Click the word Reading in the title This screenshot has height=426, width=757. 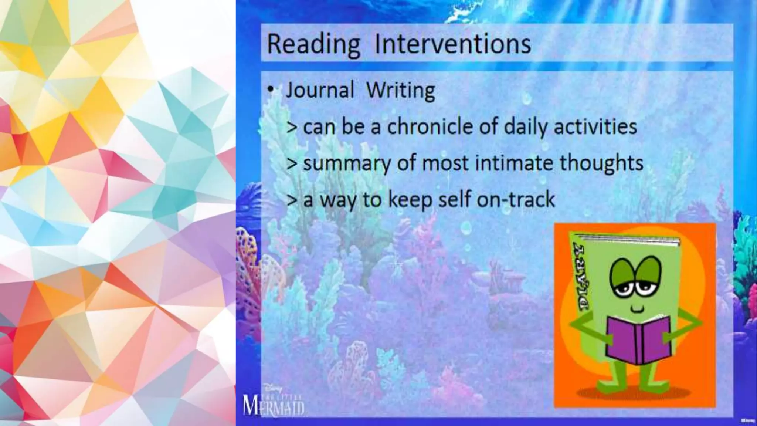313,45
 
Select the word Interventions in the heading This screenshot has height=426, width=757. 453,44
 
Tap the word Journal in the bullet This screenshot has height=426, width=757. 320,90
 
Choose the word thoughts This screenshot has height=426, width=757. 601,163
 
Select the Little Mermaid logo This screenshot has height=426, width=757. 274,403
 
